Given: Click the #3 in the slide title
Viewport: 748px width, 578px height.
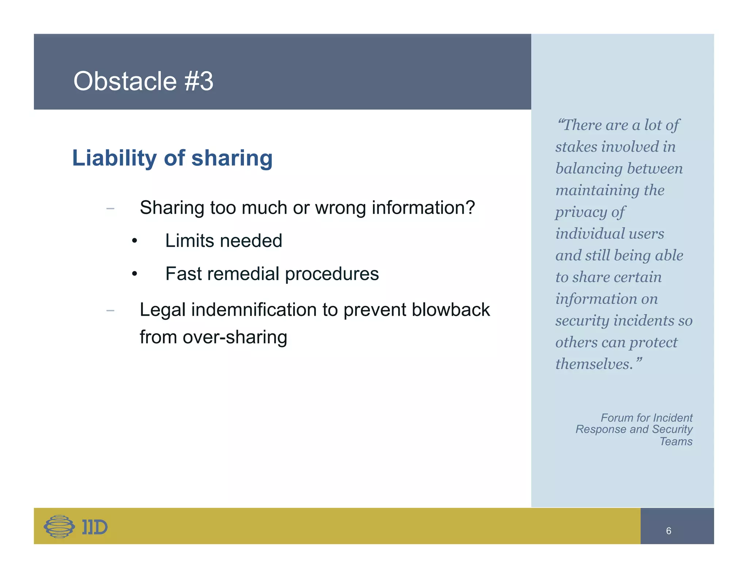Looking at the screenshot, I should (199, 81).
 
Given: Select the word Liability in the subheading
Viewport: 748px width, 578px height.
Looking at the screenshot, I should (114, 158).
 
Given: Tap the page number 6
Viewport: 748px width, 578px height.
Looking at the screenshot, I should (668, 531).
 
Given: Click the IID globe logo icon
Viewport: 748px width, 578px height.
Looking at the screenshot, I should (59, 526).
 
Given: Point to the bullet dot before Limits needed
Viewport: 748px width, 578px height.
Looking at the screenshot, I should (134, 241).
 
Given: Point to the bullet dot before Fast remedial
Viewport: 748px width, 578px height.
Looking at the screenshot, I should (134, 274).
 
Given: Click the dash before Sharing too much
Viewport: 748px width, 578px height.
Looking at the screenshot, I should (110, 209).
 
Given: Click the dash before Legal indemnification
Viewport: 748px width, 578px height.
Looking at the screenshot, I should (110, 311).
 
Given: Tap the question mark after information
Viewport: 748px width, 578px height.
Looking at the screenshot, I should (470, 208).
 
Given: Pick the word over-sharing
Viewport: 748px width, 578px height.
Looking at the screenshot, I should (235, 337).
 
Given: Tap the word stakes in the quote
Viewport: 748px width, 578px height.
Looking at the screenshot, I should (576, 147).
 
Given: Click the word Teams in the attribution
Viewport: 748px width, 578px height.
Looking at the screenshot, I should (676, 441).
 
